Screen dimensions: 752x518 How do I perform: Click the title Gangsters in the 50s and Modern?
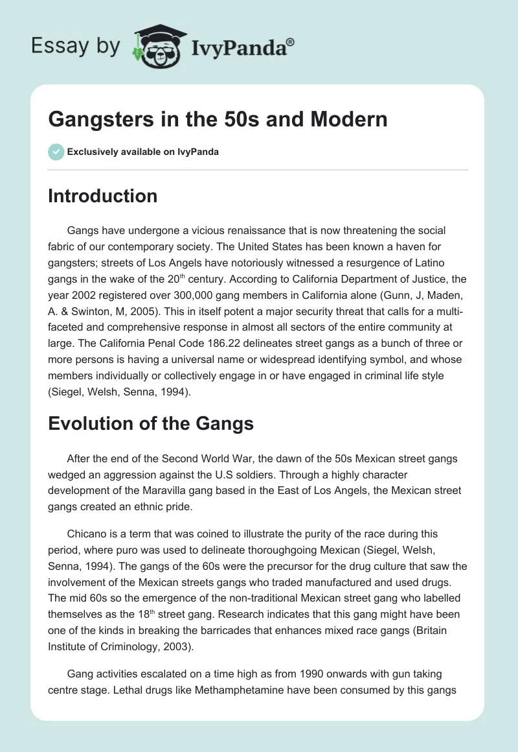[x=218, y=119]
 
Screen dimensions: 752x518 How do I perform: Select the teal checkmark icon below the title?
[x=56, y=152]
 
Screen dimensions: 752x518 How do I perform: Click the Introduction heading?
[x=102, y=196]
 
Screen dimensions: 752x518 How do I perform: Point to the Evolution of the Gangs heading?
[x=150, y=424]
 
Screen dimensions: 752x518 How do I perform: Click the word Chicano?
[x=87, y=534]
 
